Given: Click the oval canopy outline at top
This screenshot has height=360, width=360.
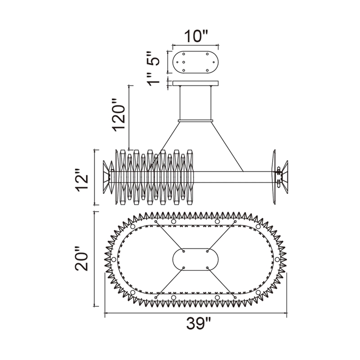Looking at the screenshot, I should tap(195, 62).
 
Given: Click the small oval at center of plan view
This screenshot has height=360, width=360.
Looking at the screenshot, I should tap(195, 259).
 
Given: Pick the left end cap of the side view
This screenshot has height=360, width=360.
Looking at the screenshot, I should tap(108, 177).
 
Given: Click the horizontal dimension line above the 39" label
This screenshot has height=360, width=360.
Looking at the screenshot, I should tap(197, 313).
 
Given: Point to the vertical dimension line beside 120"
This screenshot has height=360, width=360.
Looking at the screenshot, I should tap(130, 117).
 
